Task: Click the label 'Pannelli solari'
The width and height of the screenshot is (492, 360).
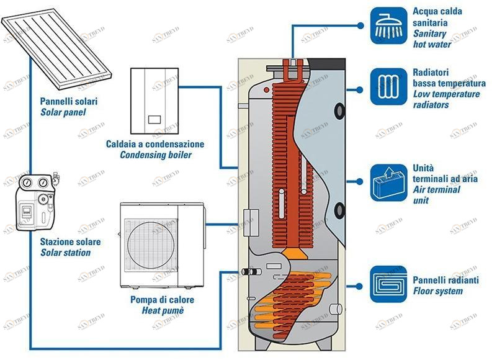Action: [68, 101]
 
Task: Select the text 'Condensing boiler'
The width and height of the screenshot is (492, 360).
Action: [156, 155]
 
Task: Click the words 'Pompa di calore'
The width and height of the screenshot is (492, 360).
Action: [162, 300]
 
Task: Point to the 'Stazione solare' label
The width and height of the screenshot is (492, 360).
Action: [70, 242]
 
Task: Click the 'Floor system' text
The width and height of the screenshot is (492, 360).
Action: [437, 291]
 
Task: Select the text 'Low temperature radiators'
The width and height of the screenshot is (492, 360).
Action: [445, 99]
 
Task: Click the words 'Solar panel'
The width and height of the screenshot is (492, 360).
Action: [63, 113]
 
